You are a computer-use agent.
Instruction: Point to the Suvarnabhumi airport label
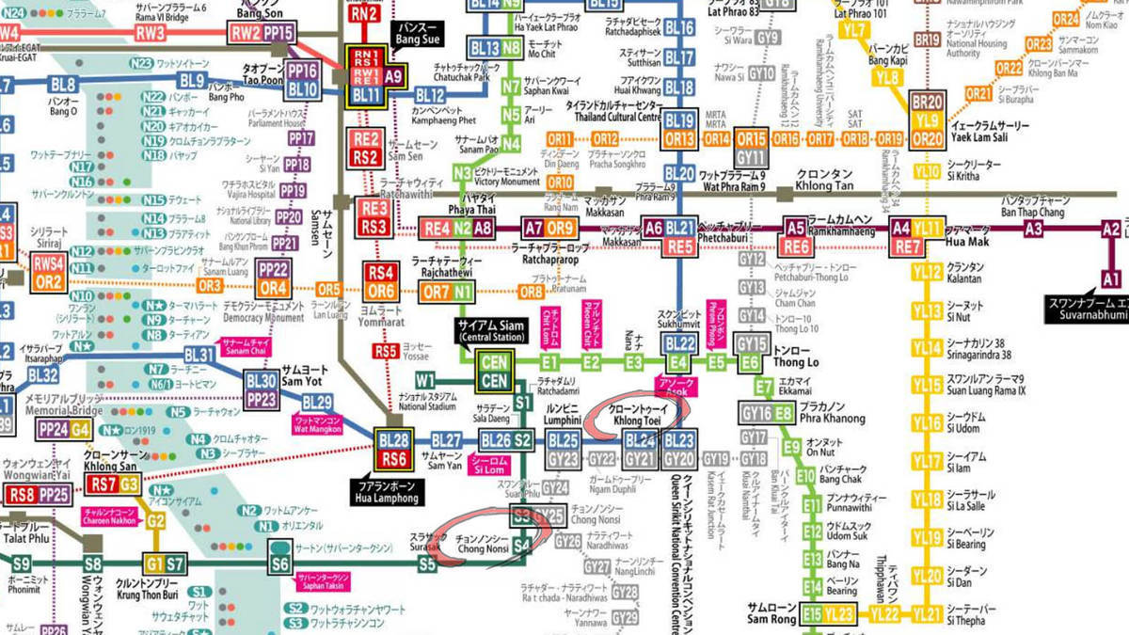(x=1086, y=310)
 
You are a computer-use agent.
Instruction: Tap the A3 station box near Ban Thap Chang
(x=1034, y=228)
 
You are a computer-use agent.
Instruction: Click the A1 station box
(x=1111, y=278)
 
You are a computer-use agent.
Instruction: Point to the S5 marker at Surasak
(x=428, y=564)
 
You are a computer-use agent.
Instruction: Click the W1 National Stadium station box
(x=426, y=381)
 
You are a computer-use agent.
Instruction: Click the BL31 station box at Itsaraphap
(x=199, y=355)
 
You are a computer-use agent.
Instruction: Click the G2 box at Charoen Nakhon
(x=155, y=520)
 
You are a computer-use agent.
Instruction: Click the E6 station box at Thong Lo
(x=750, y=363)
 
